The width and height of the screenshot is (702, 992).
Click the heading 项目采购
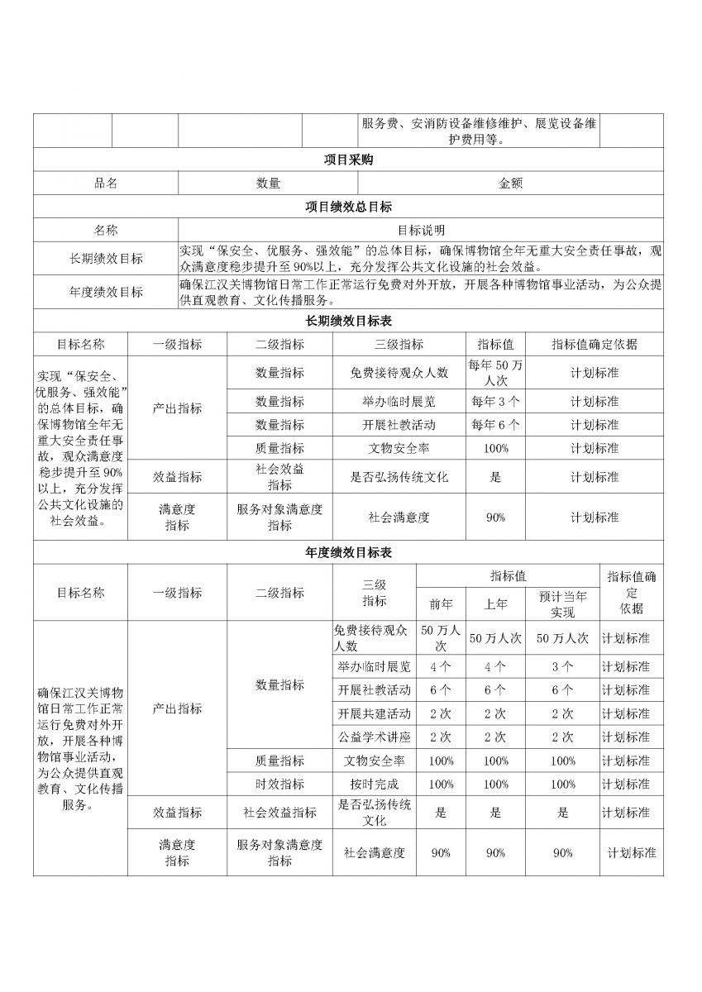click(x=348, y=160)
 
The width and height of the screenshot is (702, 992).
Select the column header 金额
click(x=510, y=184)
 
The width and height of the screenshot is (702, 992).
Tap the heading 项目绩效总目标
click(x=348, y=207)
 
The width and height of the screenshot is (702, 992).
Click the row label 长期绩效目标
click(x=106, y=259)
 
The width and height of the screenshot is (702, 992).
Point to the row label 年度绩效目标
click(x=106, y=292)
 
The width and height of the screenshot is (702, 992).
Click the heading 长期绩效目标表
click(x=348, y=321)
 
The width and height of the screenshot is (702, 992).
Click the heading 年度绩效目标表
click(x=348, y=552)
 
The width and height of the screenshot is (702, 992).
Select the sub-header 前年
click(x=441, y=604)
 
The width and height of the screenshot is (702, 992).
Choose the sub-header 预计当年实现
click(x=562, y=604)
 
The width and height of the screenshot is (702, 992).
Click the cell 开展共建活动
click(x=374, y=713)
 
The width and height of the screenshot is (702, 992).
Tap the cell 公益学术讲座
click(x=374, y=737)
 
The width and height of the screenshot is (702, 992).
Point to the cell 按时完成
click(x=374, y=783)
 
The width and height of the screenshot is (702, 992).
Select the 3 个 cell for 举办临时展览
click(x=562, y=666)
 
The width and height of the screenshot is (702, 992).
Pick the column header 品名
click(x=106, y=184)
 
